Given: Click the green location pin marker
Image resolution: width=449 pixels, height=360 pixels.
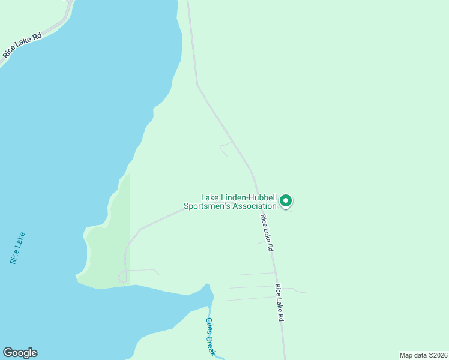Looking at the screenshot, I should click(x=286, y=201).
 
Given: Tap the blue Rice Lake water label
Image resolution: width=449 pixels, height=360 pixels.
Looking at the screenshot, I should click(x=17, y=248).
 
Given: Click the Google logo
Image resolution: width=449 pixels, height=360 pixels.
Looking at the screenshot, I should click(x=20, y=353).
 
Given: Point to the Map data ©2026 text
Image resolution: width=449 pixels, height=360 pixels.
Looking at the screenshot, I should click(x=423, y=355).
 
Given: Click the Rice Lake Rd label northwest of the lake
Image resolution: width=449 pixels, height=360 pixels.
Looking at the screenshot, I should click(x=22, y=45).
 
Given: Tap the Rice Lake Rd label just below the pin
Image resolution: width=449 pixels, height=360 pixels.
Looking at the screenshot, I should click(x=267, y=233).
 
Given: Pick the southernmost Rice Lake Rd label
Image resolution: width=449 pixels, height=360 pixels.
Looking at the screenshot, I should click(x=279, y=303).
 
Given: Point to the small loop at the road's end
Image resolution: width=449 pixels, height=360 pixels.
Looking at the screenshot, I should click(x=122, y=277).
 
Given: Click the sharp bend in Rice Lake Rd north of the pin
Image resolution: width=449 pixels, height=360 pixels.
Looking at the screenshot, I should click(x=197, y=85).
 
